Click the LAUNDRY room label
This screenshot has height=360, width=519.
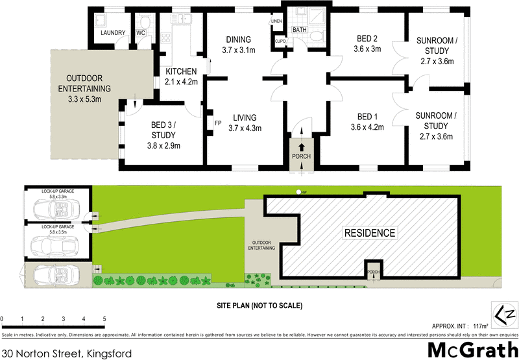tap(104, 33)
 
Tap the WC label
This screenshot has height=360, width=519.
tap(140, 33)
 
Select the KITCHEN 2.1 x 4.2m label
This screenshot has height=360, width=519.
tap(182, 76)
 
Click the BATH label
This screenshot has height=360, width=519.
tap(299, 30)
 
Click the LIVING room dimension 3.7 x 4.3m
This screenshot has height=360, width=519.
tap(245, 128)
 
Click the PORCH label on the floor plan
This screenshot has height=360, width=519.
tap(300, 156)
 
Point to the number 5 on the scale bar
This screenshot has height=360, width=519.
tap(104, 319)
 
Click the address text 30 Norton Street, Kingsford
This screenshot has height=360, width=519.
tap(67, 354)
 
